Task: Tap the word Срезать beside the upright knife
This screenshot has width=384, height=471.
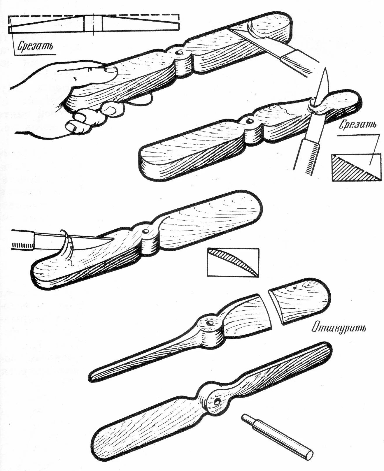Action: click(357, 124)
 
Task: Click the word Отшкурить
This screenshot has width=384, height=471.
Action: click(339, 328)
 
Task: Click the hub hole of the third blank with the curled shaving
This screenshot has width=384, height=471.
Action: click(145, 232)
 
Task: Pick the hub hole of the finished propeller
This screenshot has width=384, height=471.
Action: click(217, 403)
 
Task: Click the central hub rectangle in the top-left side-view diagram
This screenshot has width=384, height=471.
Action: click(93, 23)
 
